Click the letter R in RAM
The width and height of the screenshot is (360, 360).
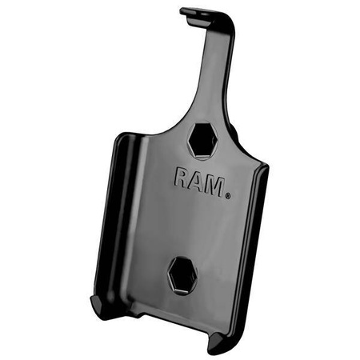tap(182, 178)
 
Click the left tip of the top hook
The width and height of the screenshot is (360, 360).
tap(183, 11)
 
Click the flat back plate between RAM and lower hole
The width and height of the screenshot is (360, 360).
tap(188, 228)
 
